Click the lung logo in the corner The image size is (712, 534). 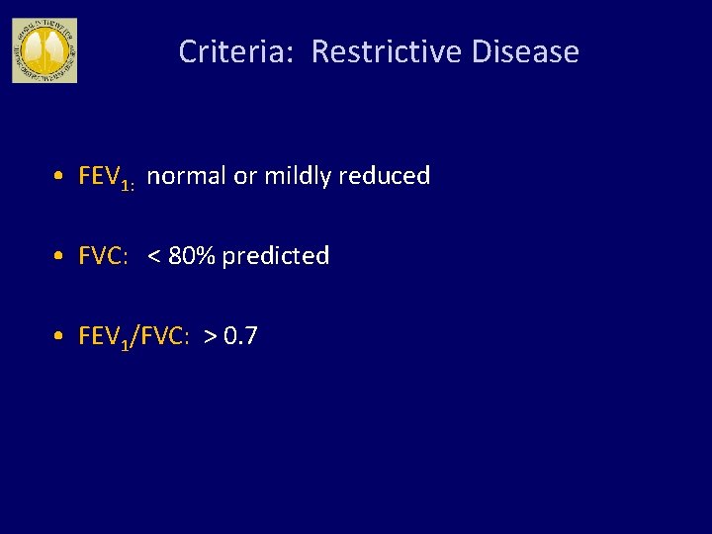point(44,50)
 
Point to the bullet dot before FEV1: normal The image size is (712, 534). point(60,177)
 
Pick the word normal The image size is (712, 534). point(187,176)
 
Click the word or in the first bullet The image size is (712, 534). point(244,176)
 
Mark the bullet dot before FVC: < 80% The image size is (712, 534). point(60,257)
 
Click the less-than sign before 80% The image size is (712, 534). point(155,257)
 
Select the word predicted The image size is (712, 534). point(276,256)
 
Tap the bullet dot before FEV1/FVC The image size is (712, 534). point(60,337)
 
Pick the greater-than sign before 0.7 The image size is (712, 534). point(211,337)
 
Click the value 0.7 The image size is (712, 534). point(241,336)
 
